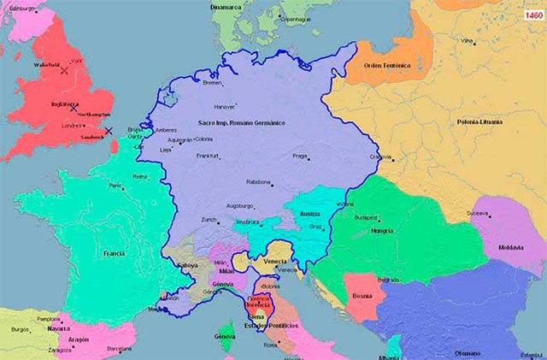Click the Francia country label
tap(115, 254)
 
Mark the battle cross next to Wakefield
tap(64, 71)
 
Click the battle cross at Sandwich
tap(109, 131)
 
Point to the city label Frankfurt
tap(208, 156)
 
